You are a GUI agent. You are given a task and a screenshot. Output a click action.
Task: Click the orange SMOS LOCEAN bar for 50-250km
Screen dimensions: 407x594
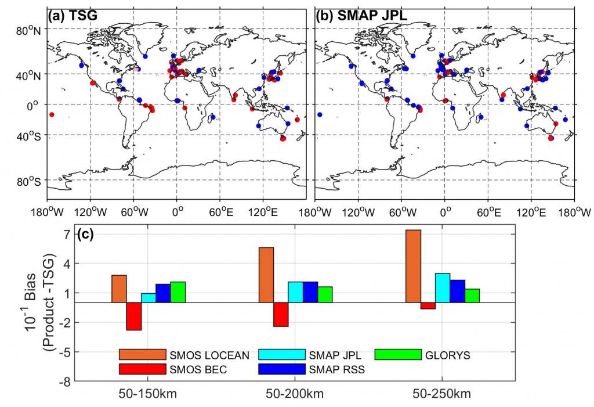pyautogui.click(x=413, y=266)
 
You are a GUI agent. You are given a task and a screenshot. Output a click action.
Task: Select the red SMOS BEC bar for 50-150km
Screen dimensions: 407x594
pyautogui.click(x=134, y=316)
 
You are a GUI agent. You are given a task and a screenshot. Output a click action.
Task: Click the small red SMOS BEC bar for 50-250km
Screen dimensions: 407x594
pyautogui.click(x=428, y=305)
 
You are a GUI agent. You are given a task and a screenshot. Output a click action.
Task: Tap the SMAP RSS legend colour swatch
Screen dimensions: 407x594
pyautogui.click(x=281, y=369)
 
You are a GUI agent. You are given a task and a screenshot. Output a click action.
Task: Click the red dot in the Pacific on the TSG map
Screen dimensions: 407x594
pyautogui.click(x=52, y=114)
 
